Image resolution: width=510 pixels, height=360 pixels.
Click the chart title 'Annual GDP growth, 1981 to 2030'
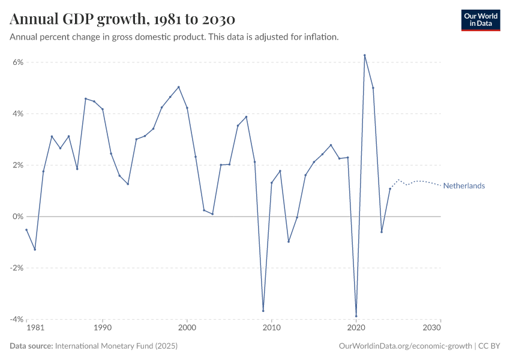click(x=122, y=19)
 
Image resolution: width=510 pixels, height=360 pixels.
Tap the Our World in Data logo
click(x=480, y=20)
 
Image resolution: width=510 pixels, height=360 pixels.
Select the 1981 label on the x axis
click(x=35, y=328)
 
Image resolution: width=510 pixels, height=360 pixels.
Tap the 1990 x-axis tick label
click(x=103, y=328)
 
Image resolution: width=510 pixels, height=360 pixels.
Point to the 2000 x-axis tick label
click(x=187, y=328)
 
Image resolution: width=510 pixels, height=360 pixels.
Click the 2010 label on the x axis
click(x=272, y=328)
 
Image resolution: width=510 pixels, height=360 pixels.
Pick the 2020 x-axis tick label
click(x=356, y=328)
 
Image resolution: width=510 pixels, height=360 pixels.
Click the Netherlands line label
click(x=464, y=186)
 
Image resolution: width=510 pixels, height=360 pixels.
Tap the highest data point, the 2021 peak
click(x=365, y=55)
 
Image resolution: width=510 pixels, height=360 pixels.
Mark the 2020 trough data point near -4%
click(x=356, y=316)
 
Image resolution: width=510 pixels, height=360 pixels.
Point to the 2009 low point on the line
click(x=263, y=311)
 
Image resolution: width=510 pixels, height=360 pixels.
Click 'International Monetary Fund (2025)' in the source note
click(x=116, y=346)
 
